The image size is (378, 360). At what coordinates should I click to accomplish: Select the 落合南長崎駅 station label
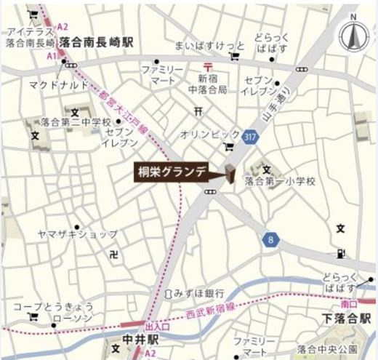(x=97, y=44)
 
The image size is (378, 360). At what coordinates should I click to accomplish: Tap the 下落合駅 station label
(x=347, y=319)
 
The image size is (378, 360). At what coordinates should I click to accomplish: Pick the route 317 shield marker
(x=251, y=136)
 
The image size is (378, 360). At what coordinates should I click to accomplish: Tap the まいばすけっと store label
(x=206, y=45)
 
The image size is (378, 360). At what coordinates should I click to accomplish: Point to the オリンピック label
(x=211, y=134)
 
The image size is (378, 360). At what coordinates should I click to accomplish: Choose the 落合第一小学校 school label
(x=280, y=181)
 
